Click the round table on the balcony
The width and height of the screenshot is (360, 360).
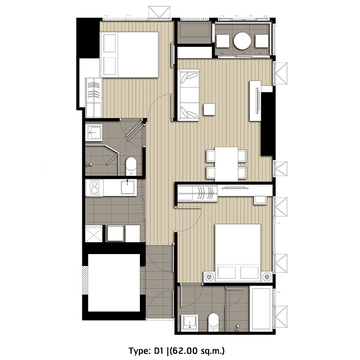coord(242,41)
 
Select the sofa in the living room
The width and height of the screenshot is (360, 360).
coord(188,95)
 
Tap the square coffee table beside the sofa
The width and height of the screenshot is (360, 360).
coord(209,110)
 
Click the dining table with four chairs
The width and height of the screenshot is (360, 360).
coord(226,164)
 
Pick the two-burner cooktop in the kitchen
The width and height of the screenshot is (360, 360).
coord(94,188)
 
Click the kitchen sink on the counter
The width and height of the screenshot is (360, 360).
coord(128,187)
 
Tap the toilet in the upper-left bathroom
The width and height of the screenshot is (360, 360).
coord(131,166)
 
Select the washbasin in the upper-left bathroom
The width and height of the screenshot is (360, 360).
coord(94,133)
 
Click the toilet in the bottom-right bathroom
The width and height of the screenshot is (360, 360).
coord(213,322)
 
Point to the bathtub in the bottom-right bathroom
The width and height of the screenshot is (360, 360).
coord(261,309)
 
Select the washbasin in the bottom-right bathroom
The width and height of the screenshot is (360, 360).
coord(190,323)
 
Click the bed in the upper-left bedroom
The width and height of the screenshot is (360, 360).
coord(130,55)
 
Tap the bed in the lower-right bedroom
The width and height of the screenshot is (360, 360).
coord(238,253)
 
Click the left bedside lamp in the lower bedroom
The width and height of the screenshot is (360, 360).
coord(209,277)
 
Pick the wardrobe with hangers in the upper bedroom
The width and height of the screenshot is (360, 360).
coord(94,97)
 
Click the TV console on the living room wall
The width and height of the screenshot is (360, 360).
coord(255,101)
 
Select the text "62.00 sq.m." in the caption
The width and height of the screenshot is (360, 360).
coord(198,351)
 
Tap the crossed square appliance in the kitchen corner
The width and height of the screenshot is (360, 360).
coord(94,233)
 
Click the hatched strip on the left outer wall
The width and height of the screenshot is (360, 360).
coord(85,280)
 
